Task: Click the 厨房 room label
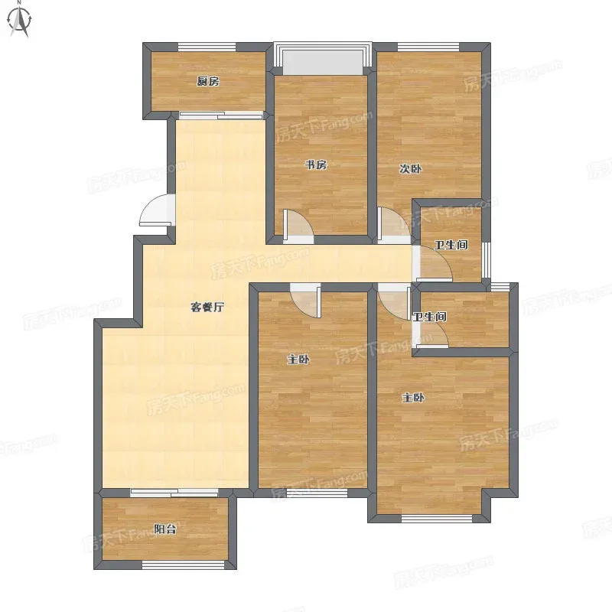point(208,81)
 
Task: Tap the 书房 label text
point(316,164)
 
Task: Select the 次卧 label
point(410,169)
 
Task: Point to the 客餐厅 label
point(207,308)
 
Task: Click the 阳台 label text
point(164,529)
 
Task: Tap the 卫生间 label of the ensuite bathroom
point(430,317)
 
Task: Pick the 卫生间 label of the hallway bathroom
point(451,245)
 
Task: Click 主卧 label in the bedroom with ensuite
point(413,398)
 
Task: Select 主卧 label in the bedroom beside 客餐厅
point(298,359)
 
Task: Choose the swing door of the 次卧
point(394,225)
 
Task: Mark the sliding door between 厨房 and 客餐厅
point(221,116)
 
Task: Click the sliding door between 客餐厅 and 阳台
point(174,493)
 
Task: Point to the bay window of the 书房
point(323,58)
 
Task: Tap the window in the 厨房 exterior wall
point(207,47)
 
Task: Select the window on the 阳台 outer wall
point(183,565)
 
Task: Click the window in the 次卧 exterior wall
point(428,47)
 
